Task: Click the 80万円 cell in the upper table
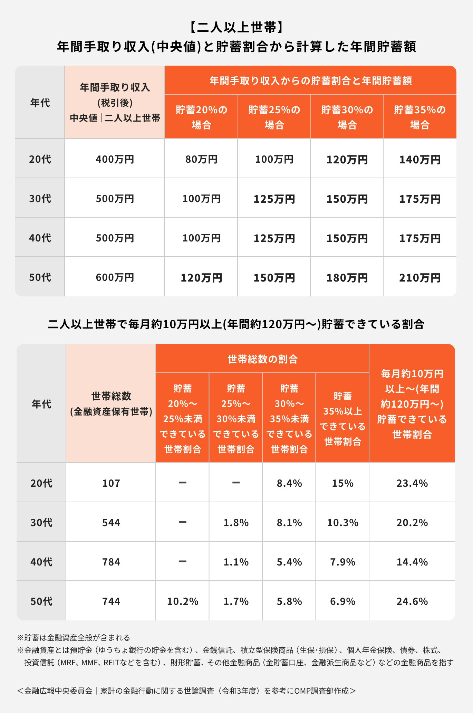pos(201,159)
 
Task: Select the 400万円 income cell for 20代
pos(115,159)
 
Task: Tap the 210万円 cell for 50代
pos(420,278)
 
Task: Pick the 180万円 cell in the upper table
pos(347,278)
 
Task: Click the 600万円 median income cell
pos(115,277)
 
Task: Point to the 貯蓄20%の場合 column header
pos(201,117)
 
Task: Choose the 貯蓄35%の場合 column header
pos(420,117)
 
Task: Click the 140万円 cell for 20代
pos(420,160)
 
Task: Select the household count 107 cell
pos(111,483)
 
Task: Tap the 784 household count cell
pos(111,562)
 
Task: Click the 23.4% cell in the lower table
pos(412,483)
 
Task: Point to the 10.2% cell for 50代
pos(183,601)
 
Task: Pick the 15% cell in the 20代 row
pos(342,483)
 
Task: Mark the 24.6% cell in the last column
pos(412,601)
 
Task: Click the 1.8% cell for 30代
pos(236,522)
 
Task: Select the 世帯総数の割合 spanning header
pos(262,359)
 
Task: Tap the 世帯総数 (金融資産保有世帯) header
pos(111,403)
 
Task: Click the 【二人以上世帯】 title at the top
pos(236,27)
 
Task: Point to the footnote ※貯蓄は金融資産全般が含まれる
pos(74,637)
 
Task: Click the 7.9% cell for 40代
pos(342,562)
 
